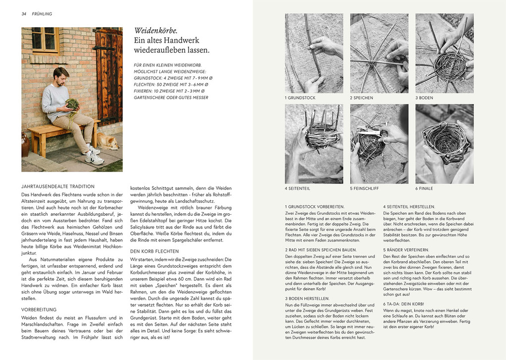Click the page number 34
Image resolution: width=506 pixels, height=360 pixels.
[23, 14]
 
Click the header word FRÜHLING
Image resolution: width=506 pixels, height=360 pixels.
[42, 14]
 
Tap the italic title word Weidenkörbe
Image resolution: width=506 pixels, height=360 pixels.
[154, 31]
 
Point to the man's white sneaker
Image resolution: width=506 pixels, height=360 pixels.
[94, 158]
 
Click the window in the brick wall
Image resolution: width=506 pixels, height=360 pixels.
[45, 40]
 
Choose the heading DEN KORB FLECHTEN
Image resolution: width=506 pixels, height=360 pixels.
[154, 251]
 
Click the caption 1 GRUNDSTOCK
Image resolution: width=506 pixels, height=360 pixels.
[300, 98]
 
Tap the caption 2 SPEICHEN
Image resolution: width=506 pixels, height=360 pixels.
[362, 98]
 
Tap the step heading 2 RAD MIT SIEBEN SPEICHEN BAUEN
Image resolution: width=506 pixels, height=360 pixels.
[320, 249]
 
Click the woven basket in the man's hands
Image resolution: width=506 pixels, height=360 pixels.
[72, 105]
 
